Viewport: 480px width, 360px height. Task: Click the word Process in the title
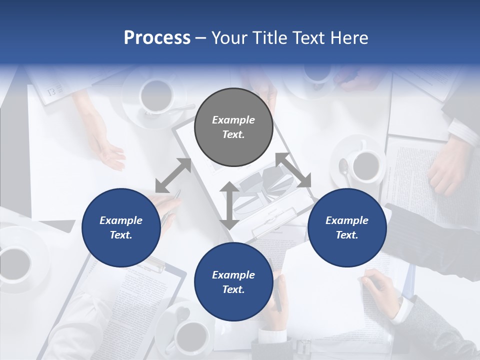tap(157, 38)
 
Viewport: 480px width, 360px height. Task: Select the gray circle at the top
tap(233, 127)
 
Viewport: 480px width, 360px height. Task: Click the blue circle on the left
tap(121, 227)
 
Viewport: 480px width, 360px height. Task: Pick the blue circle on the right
tap(347, 227)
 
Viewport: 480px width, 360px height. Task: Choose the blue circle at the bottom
tap(233, 281)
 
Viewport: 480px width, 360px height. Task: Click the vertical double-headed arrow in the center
tap(229, 205)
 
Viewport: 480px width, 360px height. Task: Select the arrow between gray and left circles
tap(173, 175)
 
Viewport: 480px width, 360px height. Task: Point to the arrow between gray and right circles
tap(293, 170)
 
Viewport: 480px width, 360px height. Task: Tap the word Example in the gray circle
tap(233, 120)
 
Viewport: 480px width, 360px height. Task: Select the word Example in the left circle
tap(121, 220)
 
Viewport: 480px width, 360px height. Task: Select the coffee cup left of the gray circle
tap(156, 94)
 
